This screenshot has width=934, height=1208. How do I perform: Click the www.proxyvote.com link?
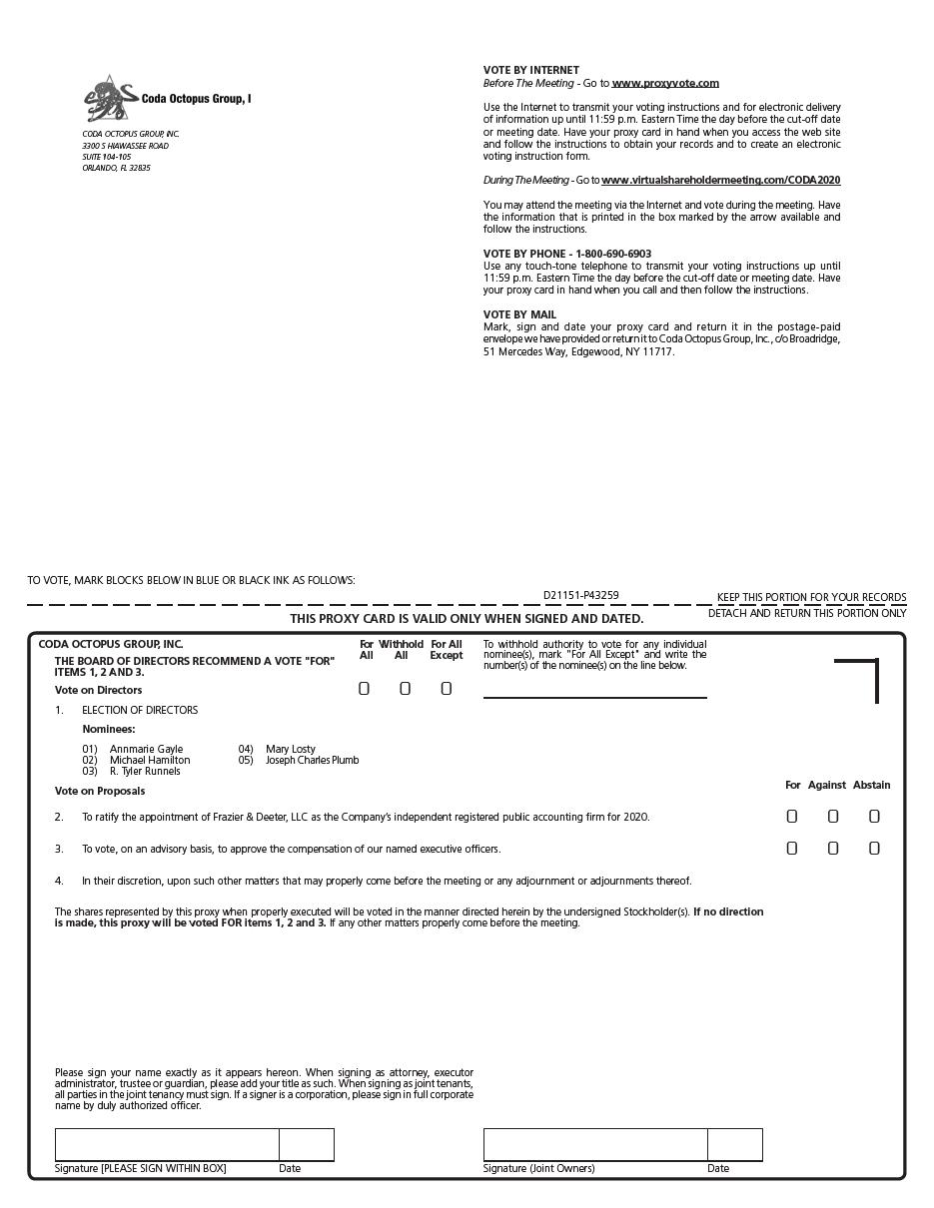(665, 83)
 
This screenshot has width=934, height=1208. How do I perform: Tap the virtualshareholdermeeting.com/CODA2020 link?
(720, 180)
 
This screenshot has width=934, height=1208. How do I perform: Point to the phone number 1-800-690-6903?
(613, 254)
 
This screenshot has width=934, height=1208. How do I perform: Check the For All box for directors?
(365, 689)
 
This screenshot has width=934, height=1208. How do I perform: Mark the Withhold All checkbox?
(405, 689)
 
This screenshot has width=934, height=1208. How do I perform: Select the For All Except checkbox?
(447, 689)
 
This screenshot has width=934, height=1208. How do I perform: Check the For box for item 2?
(792, 817)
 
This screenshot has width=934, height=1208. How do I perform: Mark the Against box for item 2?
(833, 817)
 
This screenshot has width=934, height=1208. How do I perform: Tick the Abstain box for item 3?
(874, 849)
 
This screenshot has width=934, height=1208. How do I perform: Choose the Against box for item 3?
(833, 849)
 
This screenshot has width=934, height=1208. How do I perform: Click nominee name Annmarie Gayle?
(146, 749)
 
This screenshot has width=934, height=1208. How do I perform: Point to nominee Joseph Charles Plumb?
(312, 760)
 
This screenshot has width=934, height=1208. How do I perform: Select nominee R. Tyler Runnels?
(145, 771)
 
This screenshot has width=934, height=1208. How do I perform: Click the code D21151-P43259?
(580, 595)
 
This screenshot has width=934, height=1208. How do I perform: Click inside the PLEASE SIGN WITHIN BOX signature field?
(167, 1144)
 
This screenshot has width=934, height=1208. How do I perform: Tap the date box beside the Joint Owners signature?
(734, 1144)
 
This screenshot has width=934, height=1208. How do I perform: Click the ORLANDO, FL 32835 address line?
(116, 168)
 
